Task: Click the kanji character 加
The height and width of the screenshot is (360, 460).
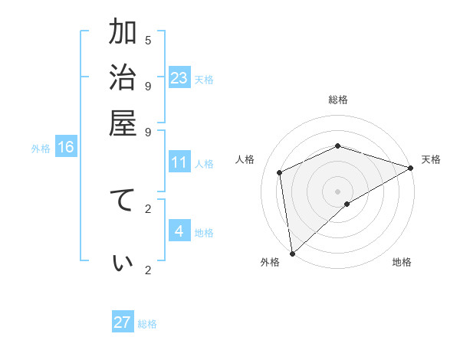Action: (x=122, y=33)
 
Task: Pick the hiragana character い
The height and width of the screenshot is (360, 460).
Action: (x=122, y=263)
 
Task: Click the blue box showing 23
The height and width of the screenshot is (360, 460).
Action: (x=179, y=78)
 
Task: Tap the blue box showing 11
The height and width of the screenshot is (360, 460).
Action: (x=179, y=163)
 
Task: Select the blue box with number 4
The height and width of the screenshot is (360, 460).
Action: (x=179, y=231)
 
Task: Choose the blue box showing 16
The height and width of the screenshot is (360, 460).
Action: (x=66, y=147)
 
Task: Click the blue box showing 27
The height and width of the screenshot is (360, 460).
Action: (x=123, y=322)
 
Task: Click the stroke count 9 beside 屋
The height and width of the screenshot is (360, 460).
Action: (x=148, y=131)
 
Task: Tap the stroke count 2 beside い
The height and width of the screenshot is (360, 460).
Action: (x=148, y=269)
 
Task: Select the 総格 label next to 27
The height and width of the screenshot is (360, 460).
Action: (x=147, y=324)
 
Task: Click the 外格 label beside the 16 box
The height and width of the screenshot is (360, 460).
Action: (x=41, y=149)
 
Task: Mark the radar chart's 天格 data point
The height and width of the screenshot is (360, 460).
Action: (x=411, y=169)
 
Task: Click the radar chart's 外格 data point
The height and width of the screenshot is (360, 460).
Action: (x=292, y=253)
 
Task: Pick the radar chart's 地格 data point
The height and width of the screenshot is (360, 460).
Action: (x=347, y=204)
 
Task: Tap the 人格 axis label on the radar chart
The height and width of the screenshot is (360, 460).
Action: (x=245, y=159)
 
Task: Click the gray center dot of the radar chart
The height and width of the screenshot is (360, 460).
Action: (x=338, y=191)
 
